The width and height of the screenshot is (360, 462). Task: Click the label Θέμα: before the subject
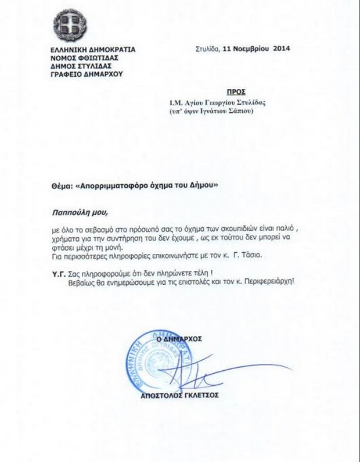click(63, 185)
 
